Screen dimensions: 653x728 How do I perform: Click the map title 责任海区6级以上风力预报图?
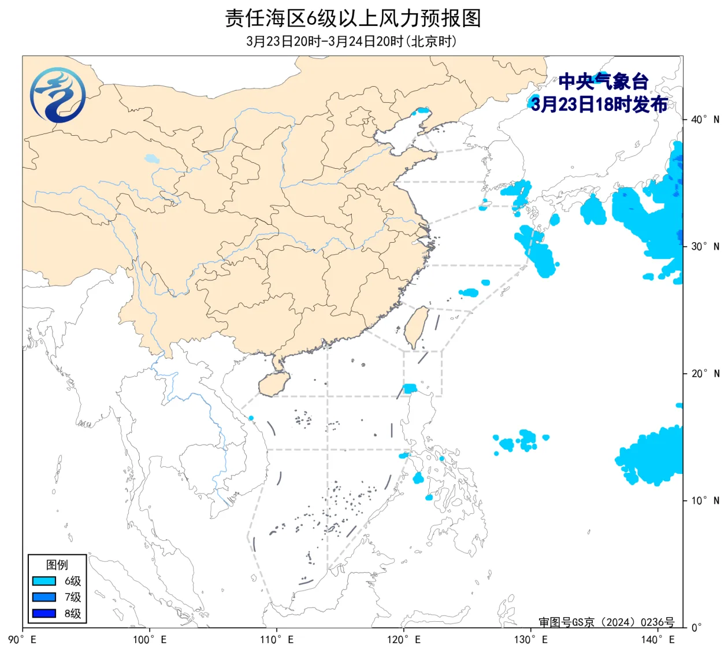(352, 18)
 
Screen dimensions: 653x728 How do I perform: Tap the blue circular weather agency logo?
(58, 95)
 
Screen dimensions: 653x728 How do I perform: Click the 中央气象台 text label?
(603, 81)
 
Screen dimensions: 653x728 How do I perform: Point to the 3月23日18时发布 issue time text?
(599, 104)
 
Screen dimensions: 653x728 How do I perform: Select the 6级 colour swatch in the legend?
(44, 581)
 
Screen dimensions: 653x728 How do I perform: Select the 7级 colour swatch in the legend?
(44, 597)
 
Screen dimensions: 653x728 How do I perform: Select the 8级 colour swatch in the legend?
(44, 613)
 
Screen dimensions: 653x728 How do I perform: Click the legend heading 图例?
(57, 565)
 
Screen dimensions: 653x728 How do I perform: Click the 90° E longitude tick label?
(23, 640)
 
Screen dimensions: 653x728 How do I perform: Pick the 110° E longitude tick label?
(277, 640)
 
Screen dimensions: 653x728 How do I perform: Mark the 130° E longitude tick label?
(531, 640)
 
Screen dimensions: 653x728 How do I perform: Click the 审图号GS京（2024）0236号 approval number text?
(606, 622)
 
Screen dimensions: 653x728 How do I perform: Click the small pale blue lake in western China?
(151, 158)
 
